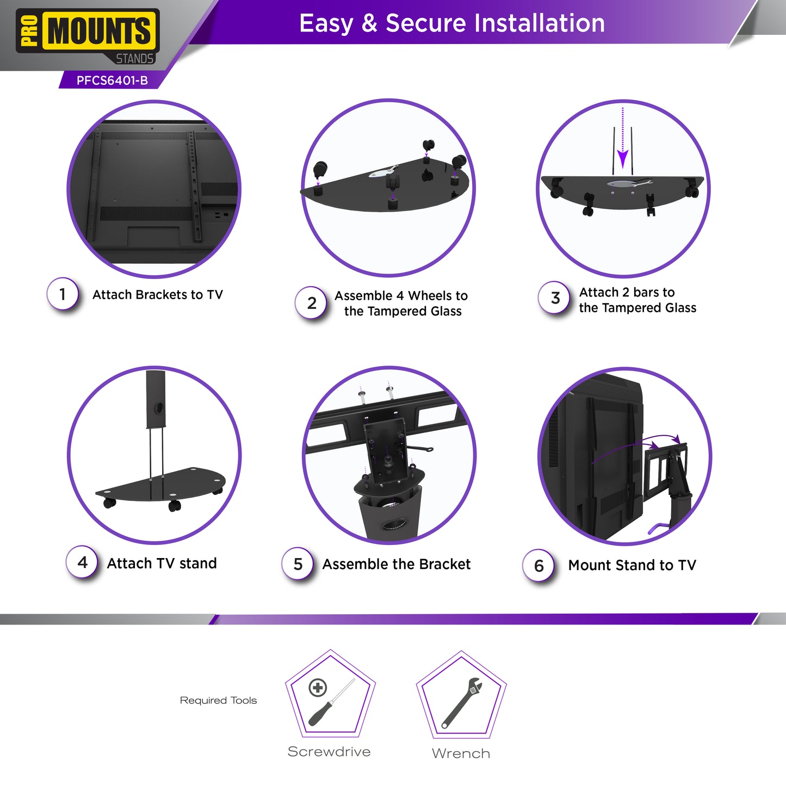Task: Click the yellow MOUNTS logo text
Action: pyautogui.click(x=99, y=30)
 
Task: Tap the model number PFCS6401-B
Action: pyautogui.click(x=112, y=81)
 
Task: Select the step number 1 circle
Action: pyautogui.click(x=63, y=294)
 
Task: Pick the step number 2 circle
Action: pyautogui.click(x=311, y=302)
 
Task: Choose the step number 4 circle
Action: pyautogui.click(x=82, y=562)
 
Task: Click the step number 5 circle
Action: pyautogui.click(x=298, y=564)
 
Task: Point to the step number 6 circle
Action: pyautogui.click(x=539, y=565)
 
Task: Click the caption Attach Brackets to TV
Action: pyautogui.click(x=157, y=294)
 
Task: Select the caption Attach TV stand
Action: pyautogui.click(x=162, y=564)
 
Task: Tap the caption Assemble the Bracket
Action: pyautogui.click(x=397, y=564)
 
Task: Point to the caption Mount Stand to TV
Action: pyautogui.click(x=632, y=565)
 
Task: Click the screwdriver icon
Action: pyautogui.click(x=331, y=702)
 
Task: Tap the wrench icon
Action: pyautogui.click(x=462, y=703)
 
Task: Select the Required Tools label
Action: pyautogui.click(x=218, y=701)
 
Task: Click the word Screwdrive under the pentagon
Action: pyautogui.click(x=329, y=752)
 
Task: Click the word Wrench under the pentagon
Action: pyautogui.click(x=461, y=753)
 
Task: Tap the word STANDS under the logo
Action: pyautogui.click(x=134, y=59)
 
